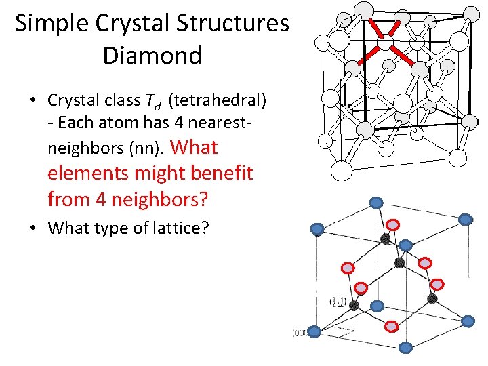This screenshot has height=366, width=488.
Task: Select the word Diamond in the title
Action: click(152, 55)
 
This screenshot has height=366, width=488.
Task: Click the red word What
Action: click(195, 146)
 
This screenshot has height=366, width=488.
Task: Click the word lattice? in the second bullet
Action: click(184, 228)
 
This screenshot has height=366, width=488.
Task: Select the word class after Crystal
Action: click(118, 100)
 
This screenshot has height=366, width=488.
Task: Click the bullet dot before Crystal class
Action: click(32, 101)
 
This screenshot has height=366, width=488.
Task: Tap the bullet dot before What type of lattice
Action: click(32, 228)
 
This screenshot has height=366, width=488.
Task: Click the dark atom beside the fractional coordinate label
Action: click(354, 305)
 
